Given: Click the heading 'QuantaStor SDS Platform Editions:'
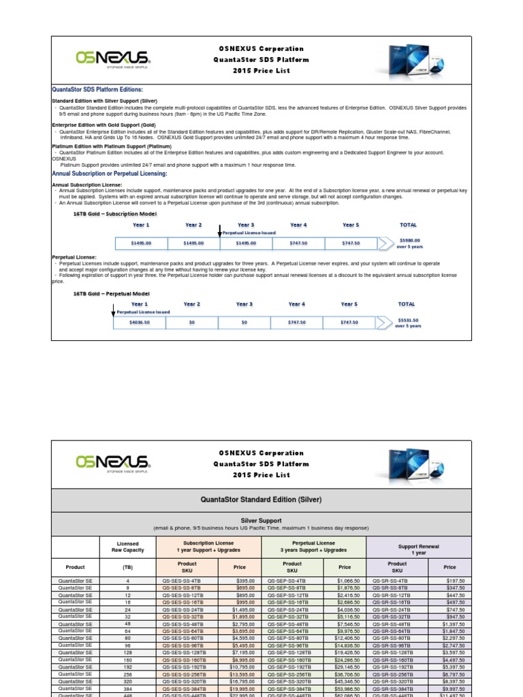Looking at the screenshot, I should point(97,90).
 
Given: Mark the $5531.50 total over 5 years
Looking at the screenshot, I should point(408,322).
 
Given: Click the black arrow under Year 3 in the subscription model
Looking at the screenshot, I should point(219,231).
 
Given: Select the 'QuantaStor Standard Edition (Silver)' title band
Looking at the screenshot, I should point(261,500).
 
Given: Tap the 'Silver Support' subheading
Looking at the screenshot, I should point(261,519).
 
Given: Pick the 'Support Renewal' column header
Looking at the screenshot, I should point(418,547).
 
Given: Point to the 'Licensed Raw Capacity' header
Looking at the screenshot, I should point(128,547).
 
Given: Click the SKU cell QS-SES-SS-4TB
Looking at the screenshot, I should point(181,581).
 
